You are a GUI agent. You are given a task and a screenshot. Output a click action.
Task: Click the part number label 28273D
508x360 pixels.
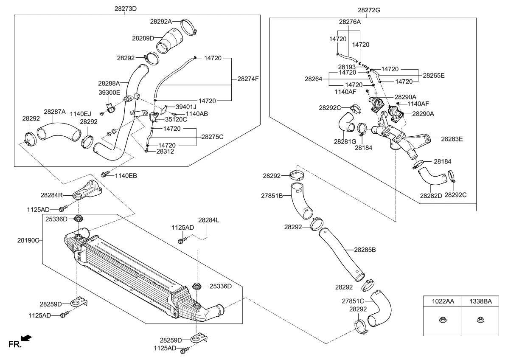[125, 8]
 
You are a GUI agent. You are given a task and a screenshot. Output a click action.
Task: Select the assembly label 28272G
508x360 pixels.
[370, 10]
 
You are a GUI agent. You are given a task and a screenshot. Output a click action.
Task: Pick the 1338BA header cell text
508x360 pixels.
[480, 301]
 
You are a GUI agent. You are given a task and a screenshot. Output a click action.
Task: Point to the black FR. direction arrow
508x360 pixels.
[26, 338]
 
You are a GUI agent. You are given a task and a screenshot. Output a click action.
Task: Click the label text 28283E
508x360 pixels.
[452, 138]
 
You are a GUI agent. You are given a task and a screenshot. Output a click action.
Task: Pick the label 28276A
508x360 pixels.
[350, 21]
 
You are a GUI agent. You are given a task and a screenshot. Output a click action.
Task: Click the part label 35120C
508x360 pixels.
[176, 120]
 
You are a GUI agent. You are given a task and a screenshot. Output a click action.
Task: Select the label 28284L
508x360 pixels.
[208, 220]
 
